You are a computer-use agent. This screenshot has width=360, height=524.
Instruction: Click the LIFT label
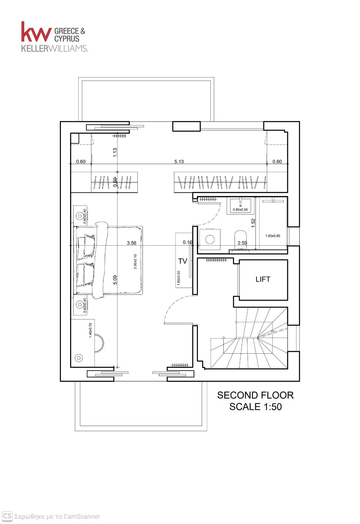point(263,279)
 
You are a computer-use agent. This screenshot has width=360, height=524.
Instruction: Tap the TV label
point(182,261)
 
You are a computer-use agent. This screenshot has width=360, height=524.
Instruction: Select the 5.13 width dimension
point(179,161)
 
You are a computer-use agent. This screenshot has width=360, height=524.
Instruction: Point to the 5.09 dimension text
point(115,280)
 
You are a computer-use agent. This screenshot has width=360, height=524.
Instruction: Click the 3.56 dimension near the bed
point(131,243)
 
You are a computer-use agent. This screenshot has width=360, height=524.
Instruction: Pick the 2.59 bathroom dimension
point(242,243)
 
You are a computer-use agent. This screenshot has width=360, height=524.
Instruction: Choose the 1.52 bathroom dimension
point(253,223)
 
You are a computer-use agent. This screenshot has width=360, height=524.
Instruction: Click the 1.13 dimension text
point(115,153)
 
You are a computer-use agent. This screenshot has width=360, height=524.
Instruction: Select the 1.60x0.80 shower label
point(273,236)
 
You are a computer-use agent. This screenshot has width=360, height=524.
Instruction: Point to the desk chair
point(99,343)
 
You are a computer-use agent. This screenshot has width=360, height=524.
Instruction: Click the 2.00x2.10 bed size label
point(135,262)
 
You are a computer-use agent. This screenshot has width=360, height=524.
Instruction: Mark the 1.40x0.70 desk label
point(90,330)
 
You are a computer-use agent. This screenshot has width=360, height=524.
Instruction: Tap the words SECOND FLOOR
point(255,395)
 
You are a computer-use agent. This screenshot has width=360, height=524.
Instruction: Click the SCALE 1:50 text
point(256,407)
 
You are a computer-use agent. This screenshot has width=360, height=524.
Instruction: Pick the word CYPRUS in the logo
point(67,39)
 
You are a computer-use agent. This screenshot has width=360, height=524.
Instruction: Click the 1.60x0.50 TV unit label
point(179,278)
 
